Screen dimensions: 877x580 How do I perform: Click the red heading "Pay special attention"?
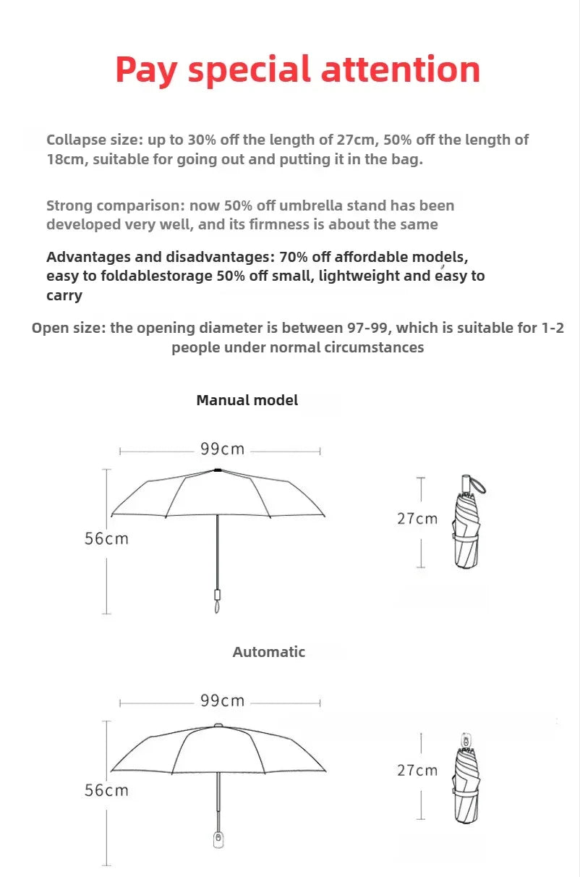point(297,70)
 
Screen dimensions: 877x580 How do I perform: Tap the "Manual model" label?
point(247,400)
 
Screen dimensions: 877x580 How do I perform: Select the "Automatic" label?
point(269,652)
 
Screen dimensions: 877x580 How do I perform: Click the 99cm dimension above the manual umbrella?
point(223,449)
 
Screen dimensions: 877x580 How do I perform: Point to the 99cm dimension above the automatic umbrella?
point(223,701)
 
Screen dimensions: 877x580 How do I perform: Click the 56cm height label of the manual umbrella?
point(106,538)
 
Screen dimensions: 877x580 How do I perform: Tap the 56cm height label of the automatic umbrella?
point(106,790)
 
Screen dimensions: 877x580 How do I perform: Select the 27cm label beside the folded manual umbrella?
point(417,519)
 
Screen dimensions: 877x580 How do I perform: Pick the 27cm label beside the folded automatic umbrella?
point(417,771)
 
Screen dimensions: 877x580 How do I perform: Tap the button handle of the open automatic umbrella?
point(218,839)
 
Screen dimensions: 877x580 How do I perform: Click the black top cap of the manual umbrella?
point(218,470)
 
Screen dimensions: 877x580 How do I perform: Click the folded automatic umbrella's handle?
point(466,742)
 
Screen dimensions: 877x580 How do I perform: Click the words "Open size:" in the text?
point(69,328)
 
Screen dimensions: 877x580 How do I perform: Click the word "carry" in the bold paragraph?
point(64,295)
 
